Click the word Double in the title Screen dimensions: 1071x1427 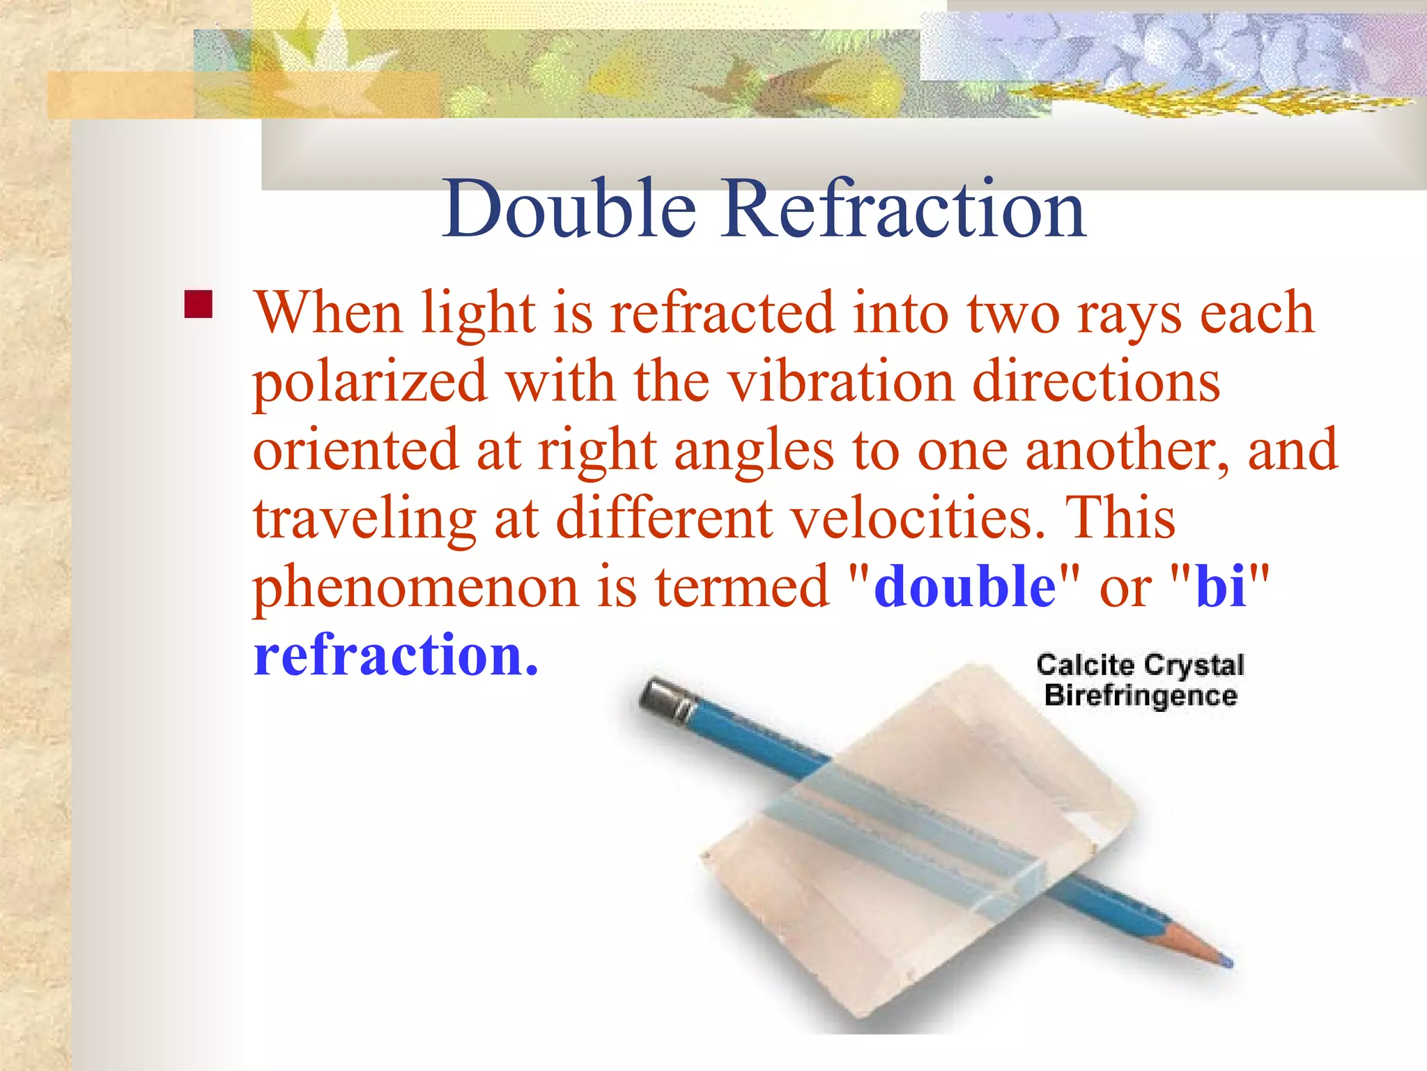pos(569,208)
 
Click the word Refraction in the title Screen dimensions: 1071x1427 pos(904,208)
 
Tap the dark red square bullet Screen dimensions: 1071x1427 pos(199,305)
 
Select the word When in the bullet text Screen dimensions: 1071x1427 pos(328,313)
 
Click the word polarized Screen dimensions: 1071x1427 pos(370,382)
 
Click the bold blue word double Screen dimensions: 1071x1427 pos(965,586)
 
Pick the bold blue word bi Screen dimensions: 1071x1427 pos(1221,586)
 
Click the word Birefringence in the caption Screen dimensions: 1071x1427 pos(1141,696)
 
